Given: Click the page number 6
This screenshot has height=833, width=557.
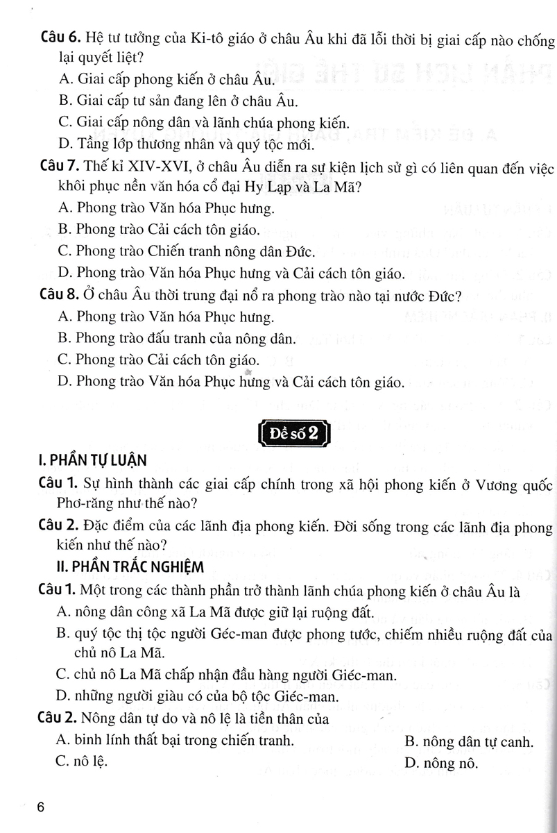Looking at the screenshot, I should tap(41, 807).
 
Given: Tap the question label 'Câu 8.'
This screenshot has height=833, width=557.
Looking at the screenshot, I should tap(58, 296).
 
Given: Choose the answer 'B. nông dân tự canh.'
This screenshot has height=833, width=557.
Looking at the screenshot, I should tap(468, 742).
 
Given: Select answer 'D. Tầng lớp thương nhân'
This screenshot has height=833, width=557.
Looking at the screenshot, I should tap(188, 145).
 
